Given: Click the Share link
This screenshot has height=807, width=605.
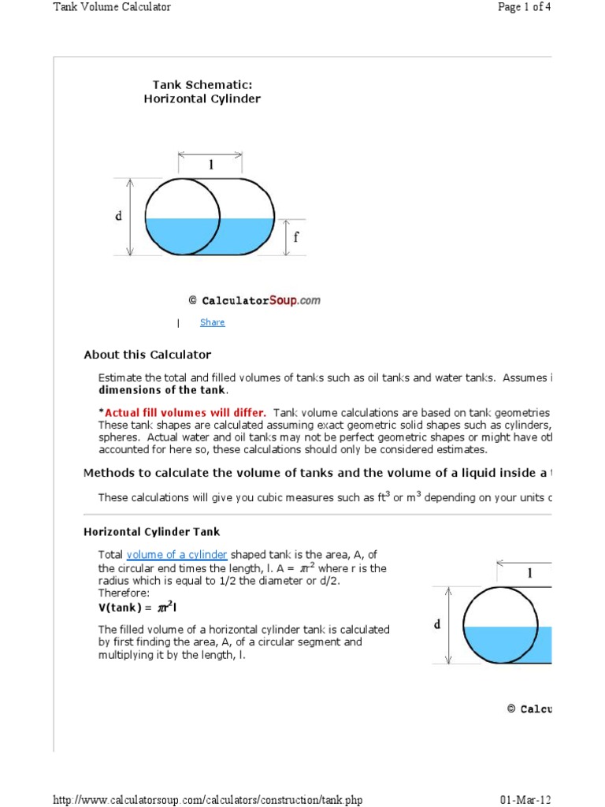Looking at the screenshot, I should click(x=212, y=322).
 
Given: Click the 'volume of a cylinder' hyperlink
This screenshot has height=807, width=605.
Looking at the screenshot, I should click(x=176, y=555).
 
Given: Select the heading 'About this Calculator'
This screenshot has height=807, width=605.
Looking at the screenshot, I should click(x=147, y=355).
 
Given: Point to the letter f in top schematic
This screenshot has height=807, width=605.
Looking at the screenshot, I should click(x=296, y=236).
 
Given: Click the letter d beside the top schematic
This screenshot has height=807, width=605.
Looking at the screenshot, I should click(x=120, y=216).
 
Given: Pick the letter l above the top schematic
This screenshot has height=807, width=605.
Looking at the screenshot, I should click(x=210, y=165).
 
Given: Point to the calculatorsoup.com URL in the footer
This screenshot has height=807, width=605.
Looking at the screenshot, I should click(x=208, y=800).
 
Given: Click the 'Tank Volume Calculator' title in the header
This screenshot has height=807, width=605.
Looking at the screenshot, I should click(x=112, y=7).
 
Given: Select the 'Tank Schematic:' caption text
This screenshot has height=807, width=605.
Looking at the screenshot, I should click(x=202, y=84).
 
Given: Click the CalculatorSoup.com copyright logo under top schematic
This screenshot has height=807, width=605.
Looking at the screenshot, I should click(x=254, y=300).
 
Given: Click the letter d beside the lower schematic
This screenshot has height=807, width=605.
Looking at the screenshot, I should click(x=437, y=625).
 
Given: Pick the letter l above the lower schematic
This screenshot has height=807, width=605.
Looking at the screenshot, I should click(x=529, y=574).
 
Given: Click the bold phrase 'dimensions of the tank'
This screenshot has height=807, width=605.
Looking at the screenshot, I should click(x=163, y=390).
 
